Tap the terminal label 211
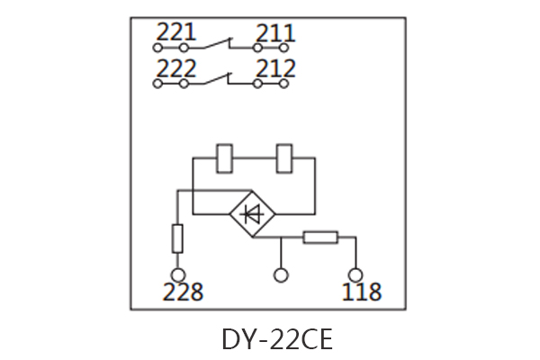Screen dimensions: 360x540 (x=275, y=34)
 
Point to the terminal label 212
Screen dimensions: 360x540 (x=275, y=69)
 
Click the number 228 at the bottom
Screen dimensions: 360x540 (x=183, y=292)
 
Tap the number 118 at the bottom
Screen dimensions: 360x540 (x=362, y=292)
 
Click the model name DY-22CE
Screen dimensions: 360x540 (x=277, y=339)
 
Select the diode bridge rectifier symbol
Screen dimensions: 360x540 (x=253, y=214)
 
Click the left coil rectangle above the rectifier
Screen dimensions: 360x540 (x=226, y=157)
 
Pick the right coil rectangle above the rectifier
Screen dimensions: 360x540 (x=286, y=157)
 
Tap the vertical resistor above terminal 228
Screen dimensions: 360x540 (x=177, y=239)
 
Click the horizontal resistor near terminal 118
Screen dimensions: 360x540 (x=319, y=238)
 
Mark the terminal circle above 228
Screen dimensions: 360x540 (x=177, y=274)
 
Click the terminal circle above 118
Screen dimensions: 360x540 (x=356, y=274)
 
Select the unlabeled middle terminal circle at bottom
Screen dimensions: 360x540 (x=282, y=274)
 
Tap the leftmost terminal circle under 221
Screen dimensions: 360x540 (x=157, y=47)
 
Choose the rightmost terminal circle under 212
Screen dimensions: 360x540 (x=284, y=83)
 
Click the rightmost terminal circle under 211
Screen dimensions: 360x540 (x=284, y=47)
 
